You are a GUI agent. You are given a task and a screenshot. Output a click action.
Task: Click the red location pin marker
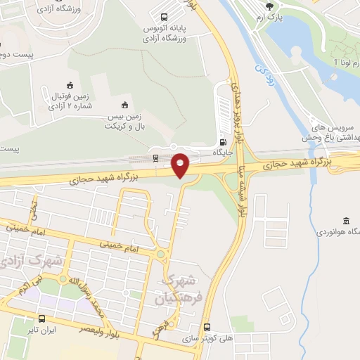tap(181, 164)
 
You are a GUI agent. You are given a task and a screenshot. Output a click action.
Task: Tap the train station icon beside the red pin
tap(155, 157)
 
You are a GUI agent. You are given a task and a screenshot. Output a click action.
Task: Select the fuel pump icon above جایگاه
tap(223, 140)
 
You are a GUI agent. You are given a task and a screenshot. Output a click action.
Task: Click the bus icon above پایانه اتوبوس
tap(164, 17)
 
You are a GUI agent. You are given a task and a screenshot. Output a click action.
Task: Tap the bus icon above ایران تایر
tap(42, 317)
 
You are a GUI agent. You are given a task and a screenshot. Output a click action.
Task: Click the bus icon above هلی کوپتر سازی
tap(207, 326)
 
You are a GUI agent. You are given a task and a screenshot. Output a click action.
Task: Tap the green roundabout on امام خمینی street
tap(160, 255)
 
